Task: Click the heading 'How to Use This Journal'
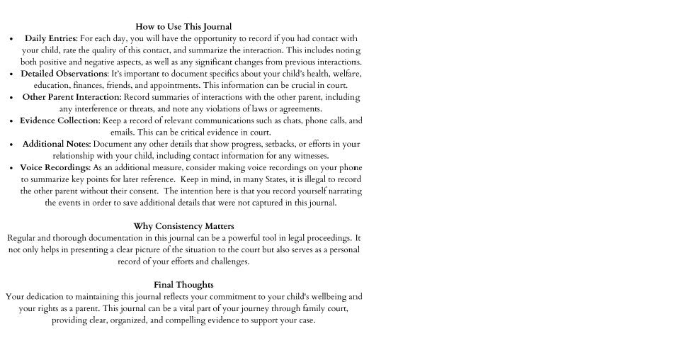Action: [183, 27]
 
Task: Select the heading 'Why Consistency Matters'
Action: [183, 226]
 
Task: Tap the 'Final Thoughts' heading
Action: [183, 285]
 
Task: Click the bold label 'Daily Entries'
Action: [50, 38]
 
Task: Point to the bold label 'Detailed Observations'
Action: [64, 74]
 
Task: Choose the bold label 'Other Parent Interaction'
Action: [72, 97]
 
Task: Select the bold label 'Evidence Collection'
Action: [59, 120]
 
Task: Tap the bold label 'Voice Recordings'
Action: [55, 167]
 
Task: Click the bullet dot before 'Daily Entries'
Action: [11, 39]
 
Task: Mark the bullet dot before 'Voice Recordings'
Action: [11, 168]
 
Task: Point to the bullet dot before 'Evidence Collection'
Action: [11, 121]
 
